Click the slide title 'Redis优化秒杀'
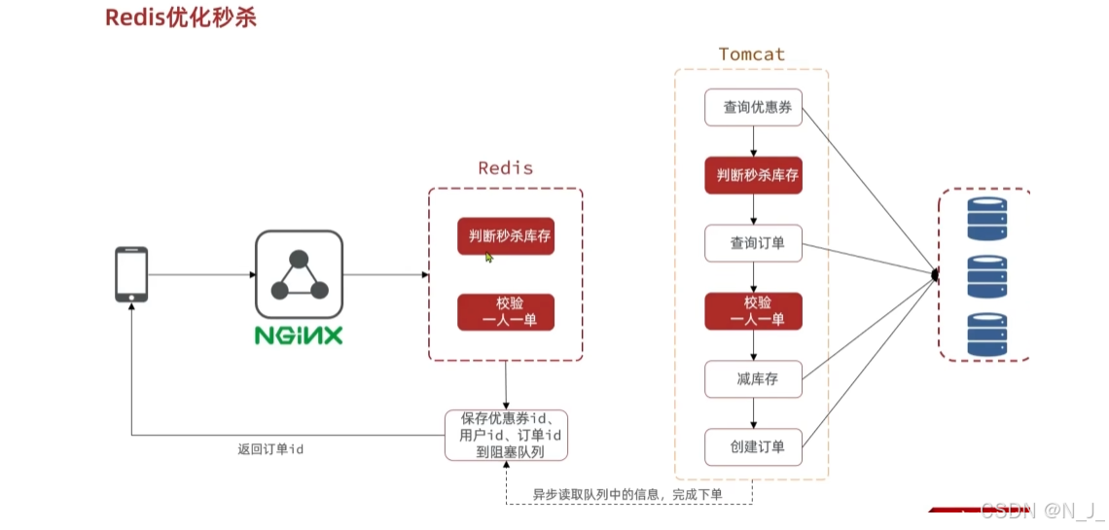pyautogui.click(x=181, y=18)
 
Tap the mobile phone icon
pyautogui.click(x=131, y=274)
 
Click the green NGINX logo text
pyautogui.click(x=299, y=336)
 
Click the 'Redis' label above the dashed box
pyautogui.click(x=505, y=167)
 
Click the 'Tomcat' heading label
pyautogui.click(x=751, y=54)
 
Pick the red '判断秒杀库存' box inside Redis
pyautogui.click(x=506, y=236)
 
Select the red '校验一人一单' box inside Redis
pyautogui.click(x=506, y=312)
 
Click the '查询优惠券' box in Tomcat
pyautogui.click(x=753, y=107)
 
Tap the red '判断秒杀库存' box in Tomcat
pyautogui.click(x=753, y=175)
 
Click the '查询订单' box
pyautogui.click(x=753, y=243)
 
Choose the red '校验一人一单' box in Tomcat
pyautogui.click(x=753, y=310)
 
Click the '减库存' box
pyautogui.click(x=753, y=378)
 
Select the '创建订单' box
pyautogui.click(x=753, y=446)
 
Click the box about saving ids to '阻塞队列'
pyautogui.click(x=506, y=435)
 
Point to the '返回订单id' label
pyautogui.click(x=270, y=449)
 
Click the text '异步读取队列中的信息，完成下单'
pyautogui.click(x=627, y=495)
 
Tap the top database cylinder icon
pyautogui.click(x=986, y=219)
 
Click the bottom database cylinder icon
pyautogui.click(x=986, y=334)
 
